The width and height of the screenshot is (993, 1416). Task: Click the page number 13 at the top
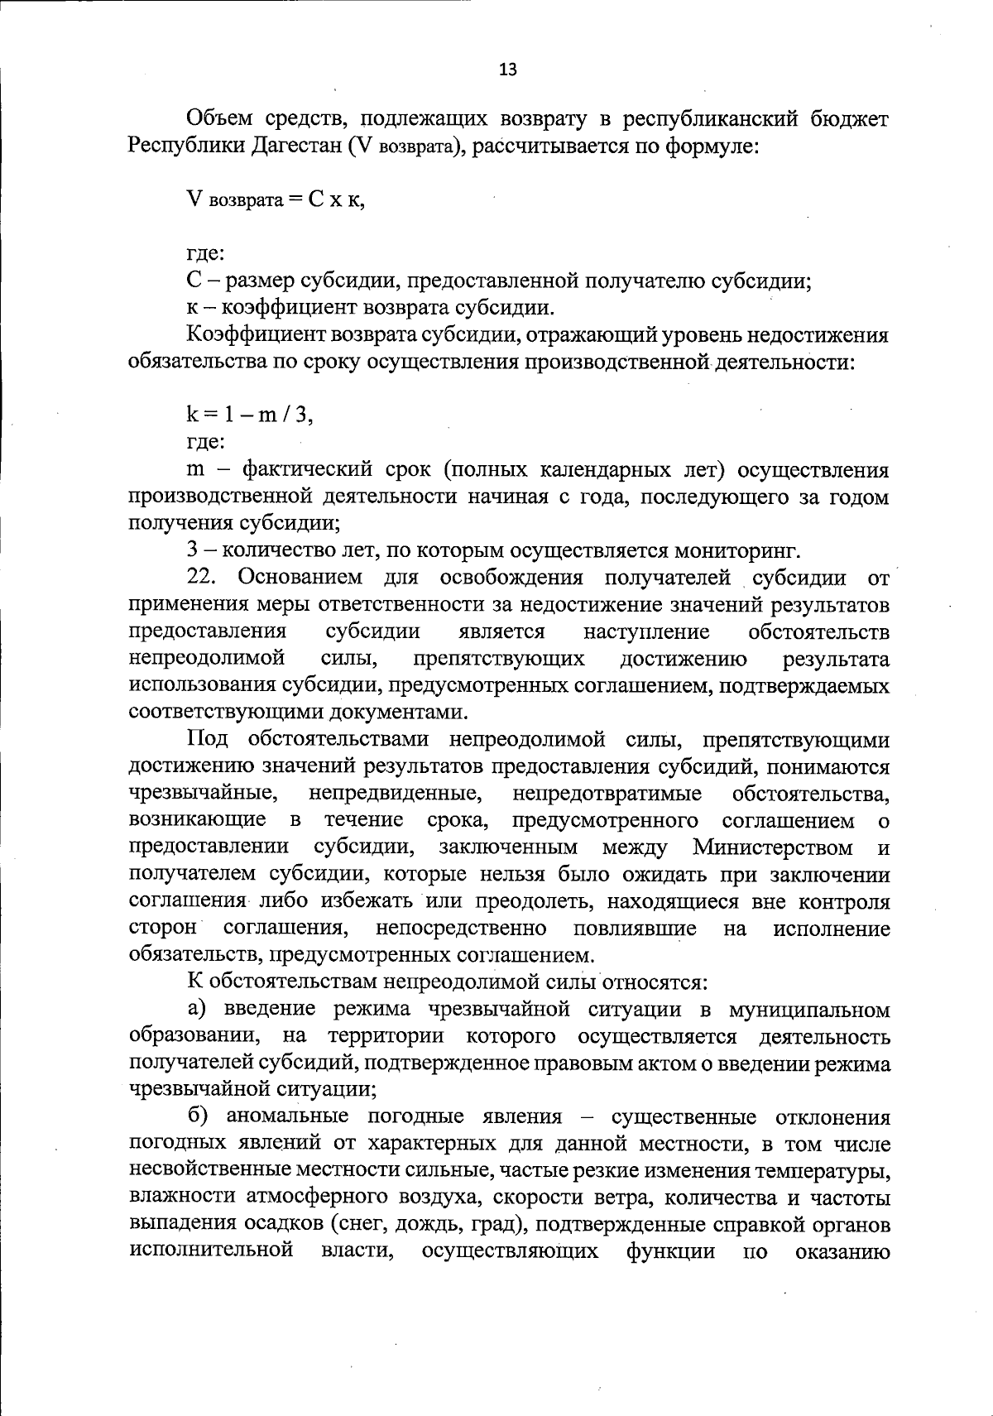coord(508,70)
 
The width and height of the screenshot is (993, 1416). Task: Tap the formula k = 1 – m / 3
coord(250,416)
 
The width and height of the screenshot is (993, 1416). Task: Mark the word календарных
coord(578,470)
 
